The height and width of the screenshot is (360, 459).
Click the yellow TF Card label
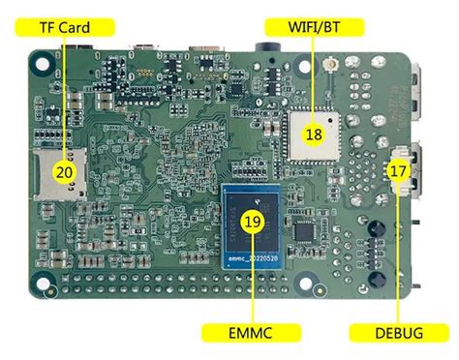tap(65, 26)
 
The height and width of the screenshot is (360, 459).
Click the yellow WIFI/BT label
tap(305, 26)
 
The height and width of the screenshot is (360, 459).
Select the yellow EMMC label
tap(251, 333)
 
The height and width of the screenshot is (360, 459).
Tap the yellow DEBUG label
tap(398, 333)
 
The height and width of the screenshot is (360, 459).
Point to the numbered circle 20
tap(65, 171)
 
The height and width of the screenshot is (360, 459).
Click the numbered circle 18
tap(313, 135)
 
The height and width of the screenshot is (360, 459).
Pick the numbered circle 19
tap(253, 222)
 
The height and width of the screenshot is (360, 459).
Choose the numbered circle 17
tap(398, 169)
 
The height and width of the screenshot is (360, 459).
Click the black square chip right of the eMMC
tap(307, 229)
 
